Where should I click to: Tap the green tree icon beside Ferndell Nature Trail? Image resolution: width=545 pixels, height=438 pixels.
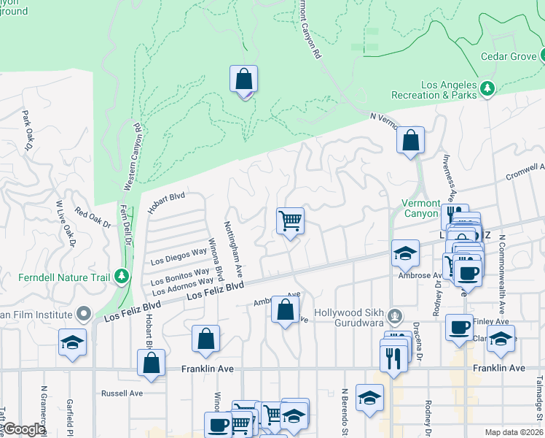point(122,277)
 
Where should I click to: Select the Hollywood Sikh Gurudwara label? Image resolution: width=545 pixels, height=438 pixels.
point(350,313)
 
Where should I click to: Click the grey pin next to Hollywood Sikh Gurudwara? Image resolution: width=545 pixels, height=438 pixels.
point(394,315)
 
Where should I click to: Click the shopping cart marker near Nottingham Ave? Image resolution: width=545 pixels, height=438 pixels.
point(290,221)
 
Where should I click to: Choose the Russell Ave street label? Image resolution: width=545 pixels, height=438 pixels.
point(123,393)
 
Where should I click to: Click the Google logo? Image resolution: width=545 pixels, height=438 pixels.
point(24,430)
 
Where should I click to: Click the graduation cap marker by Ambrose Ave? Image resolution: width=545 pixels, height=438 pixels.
point(406,253)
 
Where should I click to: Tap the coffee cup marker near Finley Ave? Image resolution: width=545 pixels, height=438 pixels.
point(459,327)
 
